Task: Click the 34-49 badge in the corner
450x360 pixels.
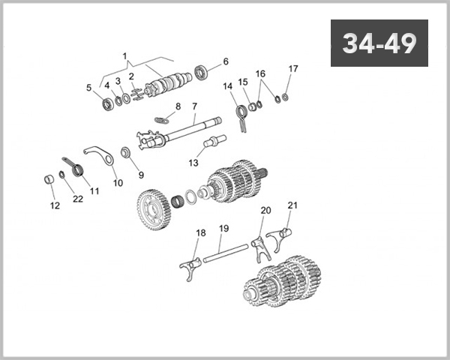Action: click(x=379, y=43)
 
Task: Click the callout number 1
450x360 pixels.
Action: click(x=125, y=56)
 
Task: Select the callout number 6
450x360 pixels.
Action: click(x=226, y=61)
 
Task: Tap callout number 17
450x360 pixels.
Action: click(x=292, y=69)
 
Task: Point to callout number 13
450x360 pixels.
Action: click(x=193, y=163)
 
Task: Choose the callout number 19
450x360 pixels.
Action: click(x=223, y=228)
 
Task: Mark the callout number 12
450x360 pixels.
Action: click(x=54, y=205)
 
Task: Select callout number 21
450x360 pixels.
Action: click(x=292, y=205)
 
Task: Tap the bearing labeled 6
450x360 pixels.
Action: click(x=202, y=73)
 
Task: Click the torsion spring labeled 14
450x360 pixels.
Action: click(x=241, y=115)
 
